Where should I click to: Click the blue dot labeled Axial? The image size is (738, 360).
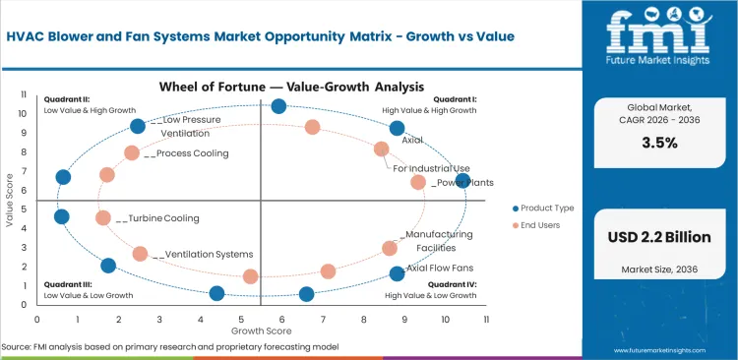[398, 128]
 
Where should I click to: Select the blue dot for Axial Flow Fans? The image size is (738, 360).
[398, 273]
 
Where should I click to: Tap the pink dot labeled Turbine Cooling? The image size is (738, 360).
[103, 218]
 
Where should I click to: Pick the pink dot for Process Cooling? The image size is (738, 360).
[132, 152]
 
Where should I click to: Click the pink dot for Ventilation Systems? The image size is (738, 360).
[140, 254]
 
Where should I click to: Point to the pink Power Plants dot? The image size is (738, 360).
[418, 182]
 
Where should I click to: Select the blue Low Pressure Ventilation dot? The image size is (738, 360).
[138, 126]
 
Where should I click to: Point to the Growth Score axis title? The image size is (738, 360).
[260, 331]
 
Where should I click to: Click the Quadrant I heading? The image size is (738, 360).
[455, 99]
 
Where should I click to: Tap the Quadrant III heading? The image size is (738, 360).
[68, 284]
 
